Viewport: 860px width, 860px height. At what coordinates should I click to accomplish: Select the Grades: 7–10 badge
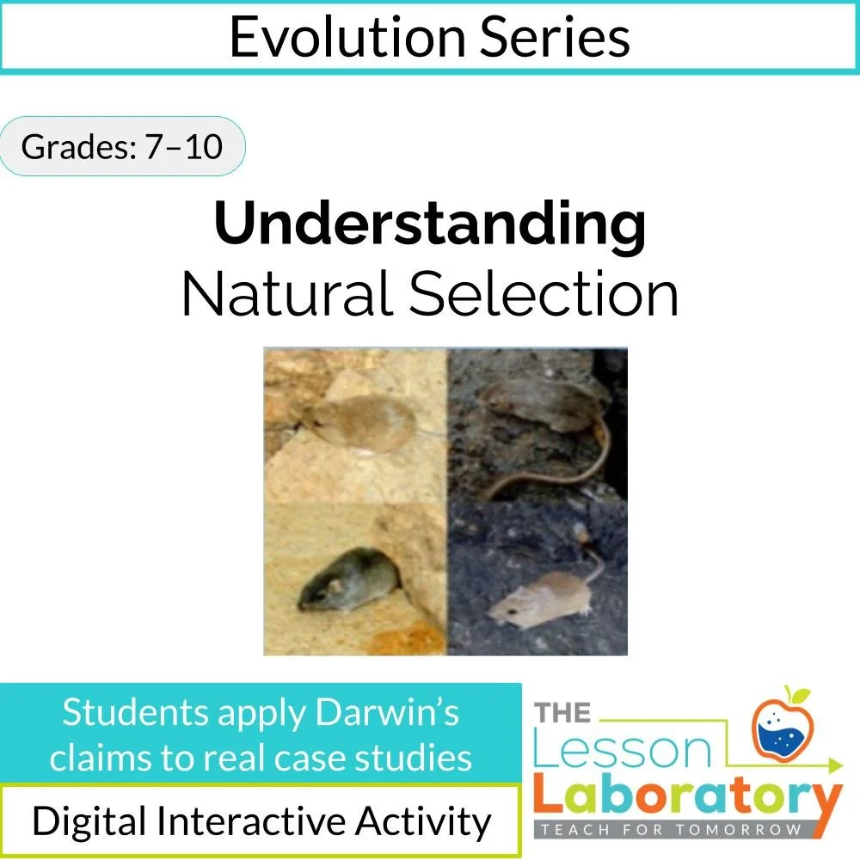coord(121,146)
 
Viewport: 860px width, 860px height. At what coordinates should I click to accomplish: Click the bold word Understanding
coord(430,224)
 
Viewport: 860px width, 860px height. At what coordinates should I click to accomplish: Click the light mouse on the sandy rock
coord(365,421)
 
